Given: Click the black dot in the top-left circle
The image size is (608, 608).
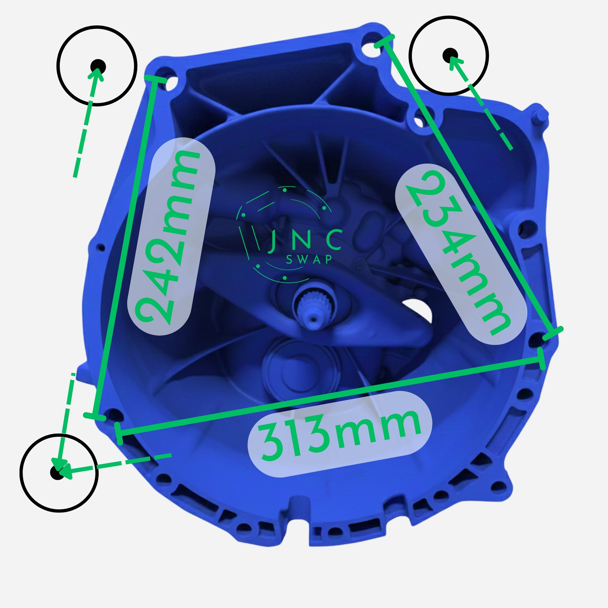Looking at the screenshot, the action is click(x=98, y=67).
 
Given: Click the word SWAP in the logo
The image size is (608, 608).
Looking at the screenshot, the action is click(x=309, y=259).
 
